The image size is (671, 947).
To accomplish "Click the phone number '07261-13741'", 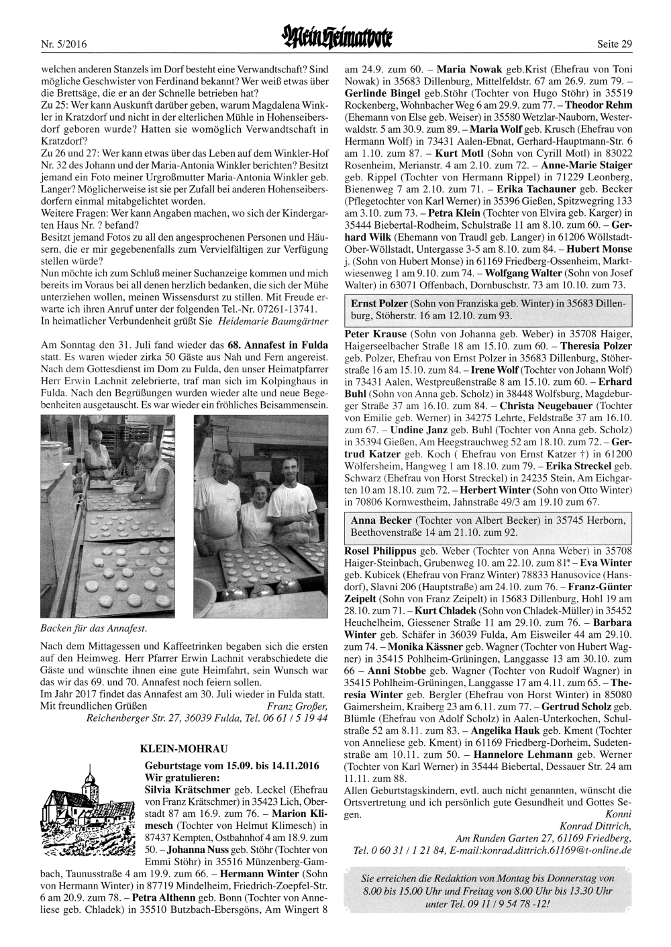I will pos(290,310).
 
